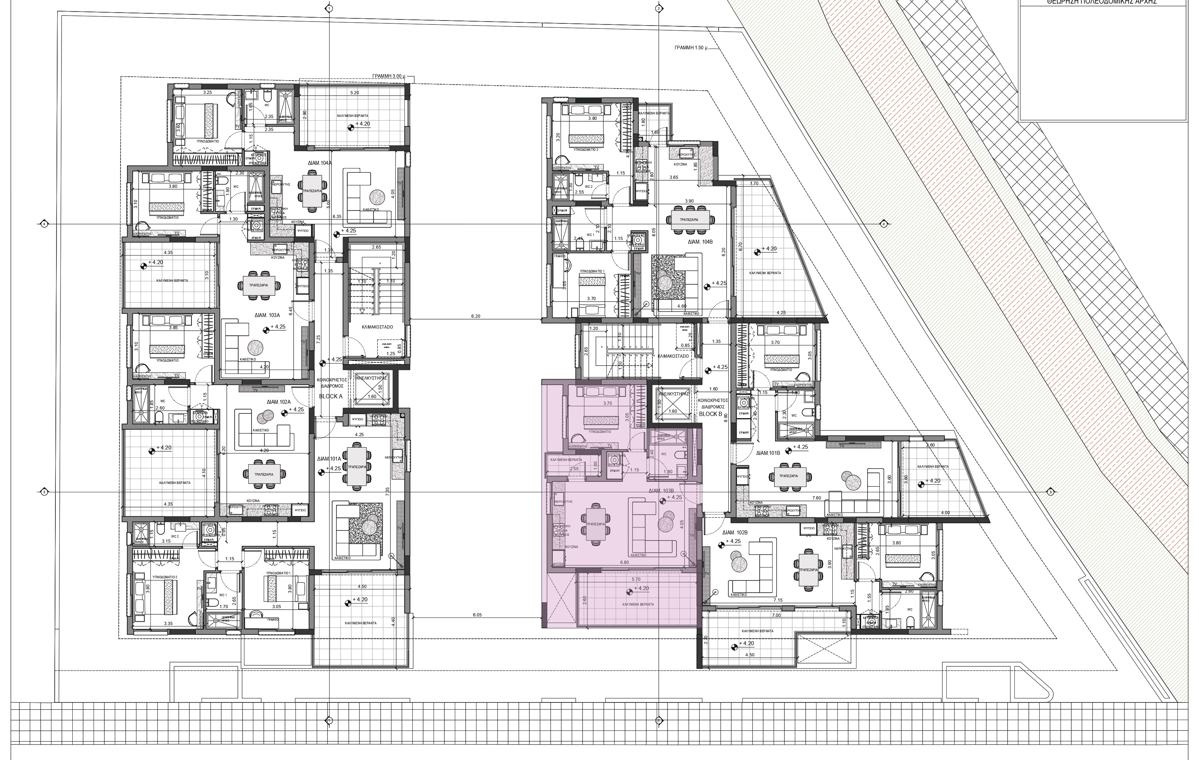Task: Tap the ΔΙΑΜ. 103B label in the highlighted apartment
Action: (661, 490)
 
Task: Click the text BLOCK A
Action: (331, 397)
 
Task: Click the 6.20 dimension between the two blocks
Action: (475, 316)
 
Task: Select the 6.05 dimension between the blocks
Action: (477, 615)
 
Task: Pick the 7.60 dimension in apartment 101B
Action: (816, 498)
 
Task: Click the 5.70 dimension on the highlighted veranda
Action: (635, 580)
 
